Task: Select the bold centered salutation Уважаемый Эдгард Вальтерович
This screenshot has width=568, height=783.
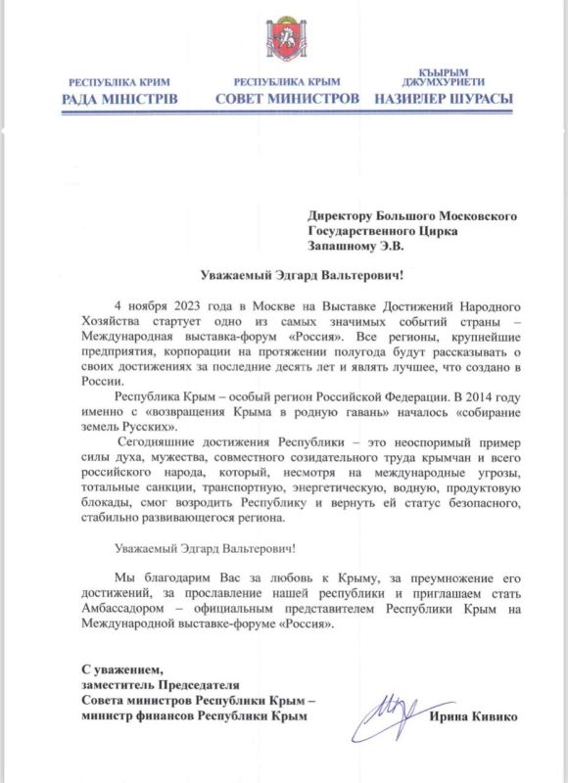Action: point(285,276)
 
